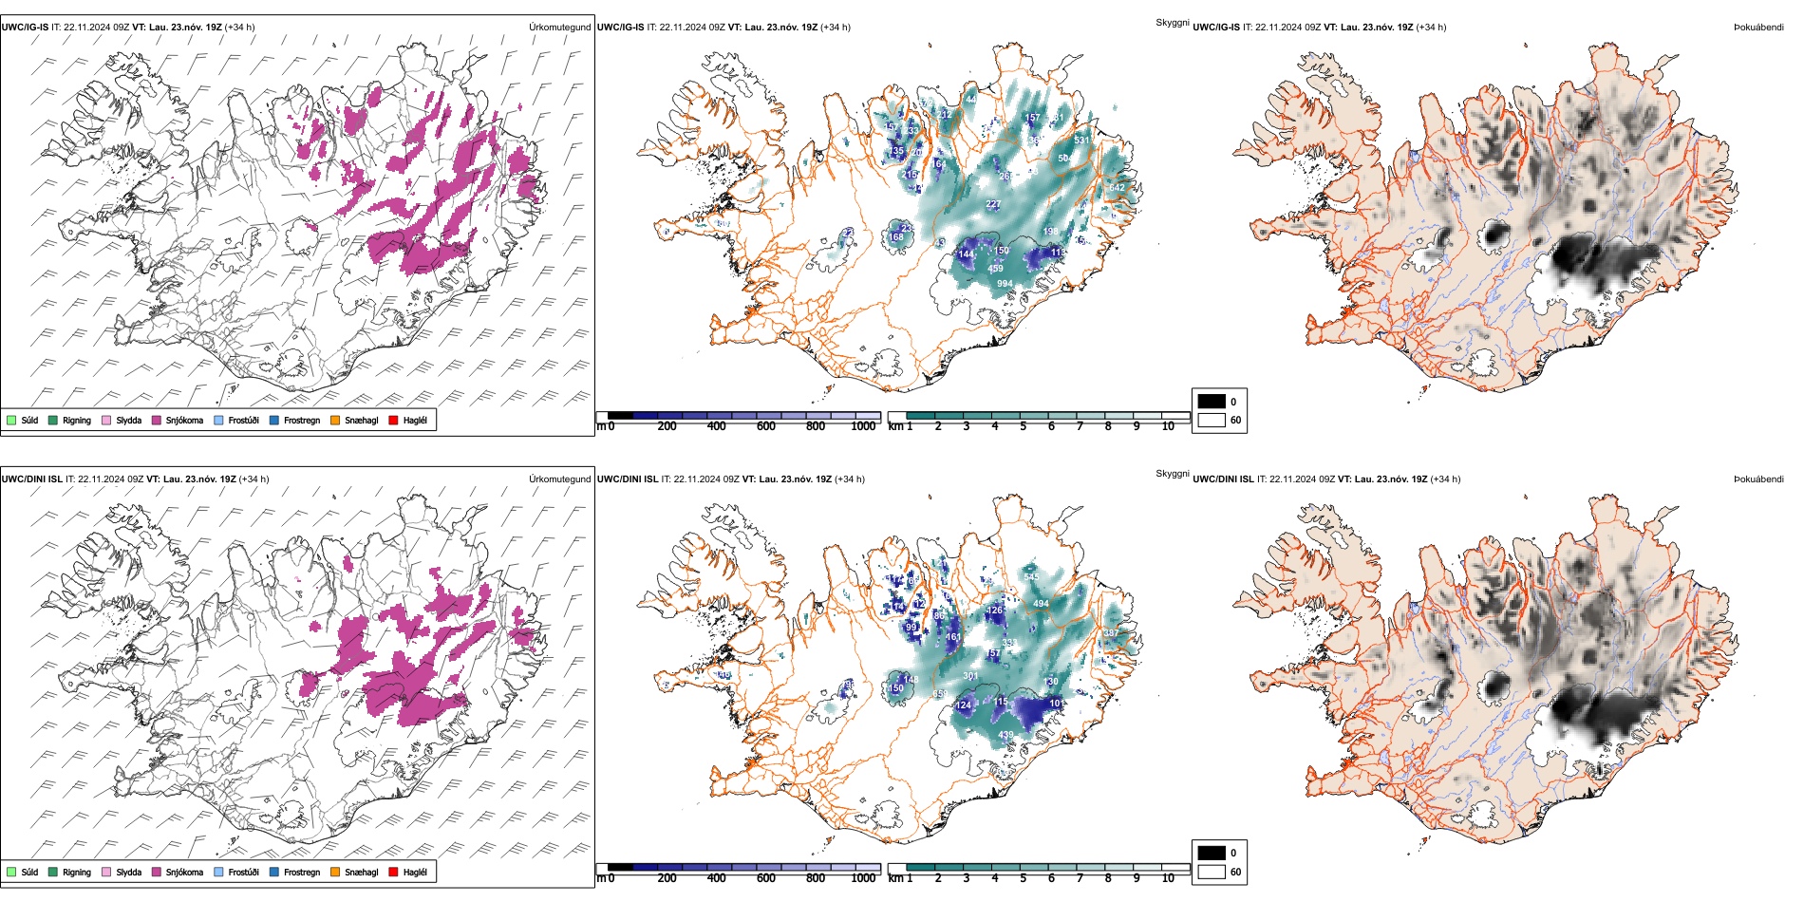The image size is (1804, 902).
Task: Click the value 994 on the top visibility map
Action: click(x=1005, y=284)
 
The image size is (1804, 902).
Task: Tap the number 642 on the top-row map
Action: click(x=1117, y=188)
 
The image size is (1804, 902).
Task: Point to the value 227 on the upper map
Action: click(x=993, y=204)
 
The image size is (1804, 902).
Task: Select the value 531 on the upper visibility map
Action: click(x=1081, y=141)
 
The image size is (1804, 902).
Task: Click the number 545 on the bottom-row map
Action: click(x=1032, y=577)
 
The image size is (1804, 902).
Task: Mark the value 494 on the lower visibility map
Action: click(x=1041, y=604)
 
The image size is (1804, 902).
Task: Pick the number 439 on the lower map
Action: click(x=1005, y=735)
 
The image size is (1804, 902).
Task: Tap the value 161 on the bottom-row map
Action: click(x=953, y=638)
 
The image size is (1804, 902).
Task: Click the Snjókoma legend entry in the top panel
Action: click(x=184, y=421)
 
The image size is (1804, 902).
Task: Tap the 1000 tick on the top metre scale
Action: click(x=863, y=426)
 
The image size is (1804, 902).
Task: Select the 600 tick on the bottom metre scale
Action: click(x=766, y=878)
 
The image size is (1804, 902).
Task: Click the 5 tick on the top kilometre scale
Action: click(x=1023, y=426)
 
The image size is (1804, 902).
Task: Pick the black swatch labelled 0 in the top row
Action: click(x=1212, y=402)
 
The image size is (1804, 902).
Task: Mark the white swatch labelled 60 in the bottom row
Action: click(x=1212, y=871)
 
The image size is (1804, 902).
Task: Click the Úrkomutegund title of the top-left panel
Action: click(x=559, y=28)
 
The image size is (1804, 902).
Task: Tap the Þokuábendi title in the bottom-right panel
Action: click(x=1758, y=479)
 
